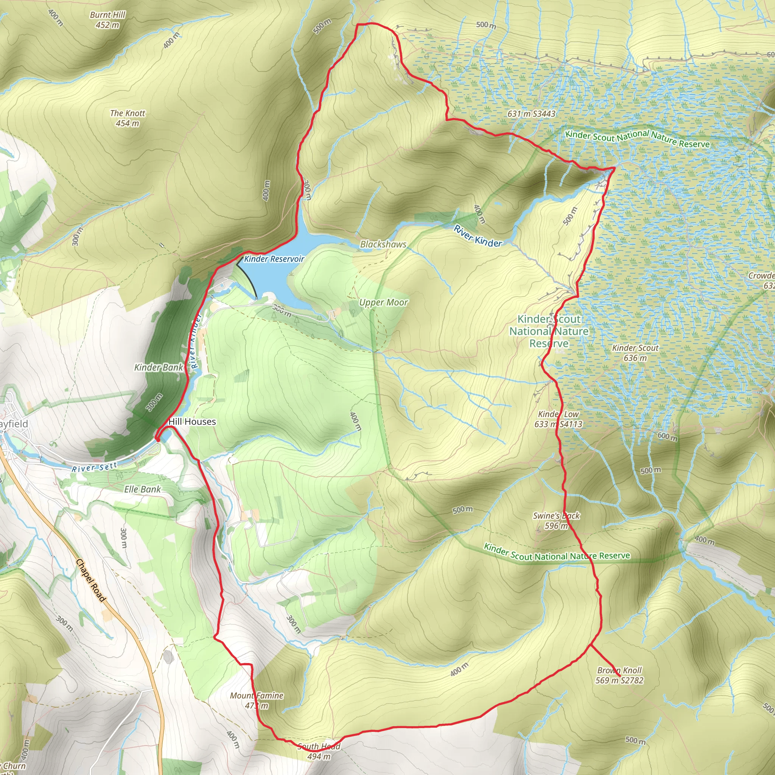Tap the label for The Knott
pyautogui.click(x=128, y=118)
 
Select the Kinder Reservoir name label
pyautogui.click(x=274, y=259)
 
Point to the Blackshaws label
pyautogui.click(x=383, y=244)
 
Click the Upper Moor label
pyautogui.click(x=383, y=302)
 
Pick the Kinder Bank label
pyautogui.click(x=159, y=367)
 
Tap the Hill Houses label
pyautogui.click(x=192, y=422)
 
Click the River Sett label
pyautogui.click(x=95, y=467)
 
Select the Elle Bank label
pyautogui.click(x=142, y=489)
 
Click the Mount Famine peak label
pyautogui.click(x=257, y=700)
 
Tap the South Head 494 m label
pyautogui.click(x=319, y=751)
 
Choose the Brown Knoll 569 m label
pyautogui.click(x=619, y=675)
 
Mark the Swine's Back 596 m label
pyautogui.click(x=556, y=521)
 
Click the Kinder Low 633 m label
pyautogui.click(x=559, y=419)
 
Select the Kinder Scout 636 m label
pyautogui.click(x=635, y=353)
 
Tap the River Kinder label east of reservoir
pyautogui.click(x=478, y=236)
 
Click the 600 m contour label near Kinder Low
pyautogui.click(x=668, y=437)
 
